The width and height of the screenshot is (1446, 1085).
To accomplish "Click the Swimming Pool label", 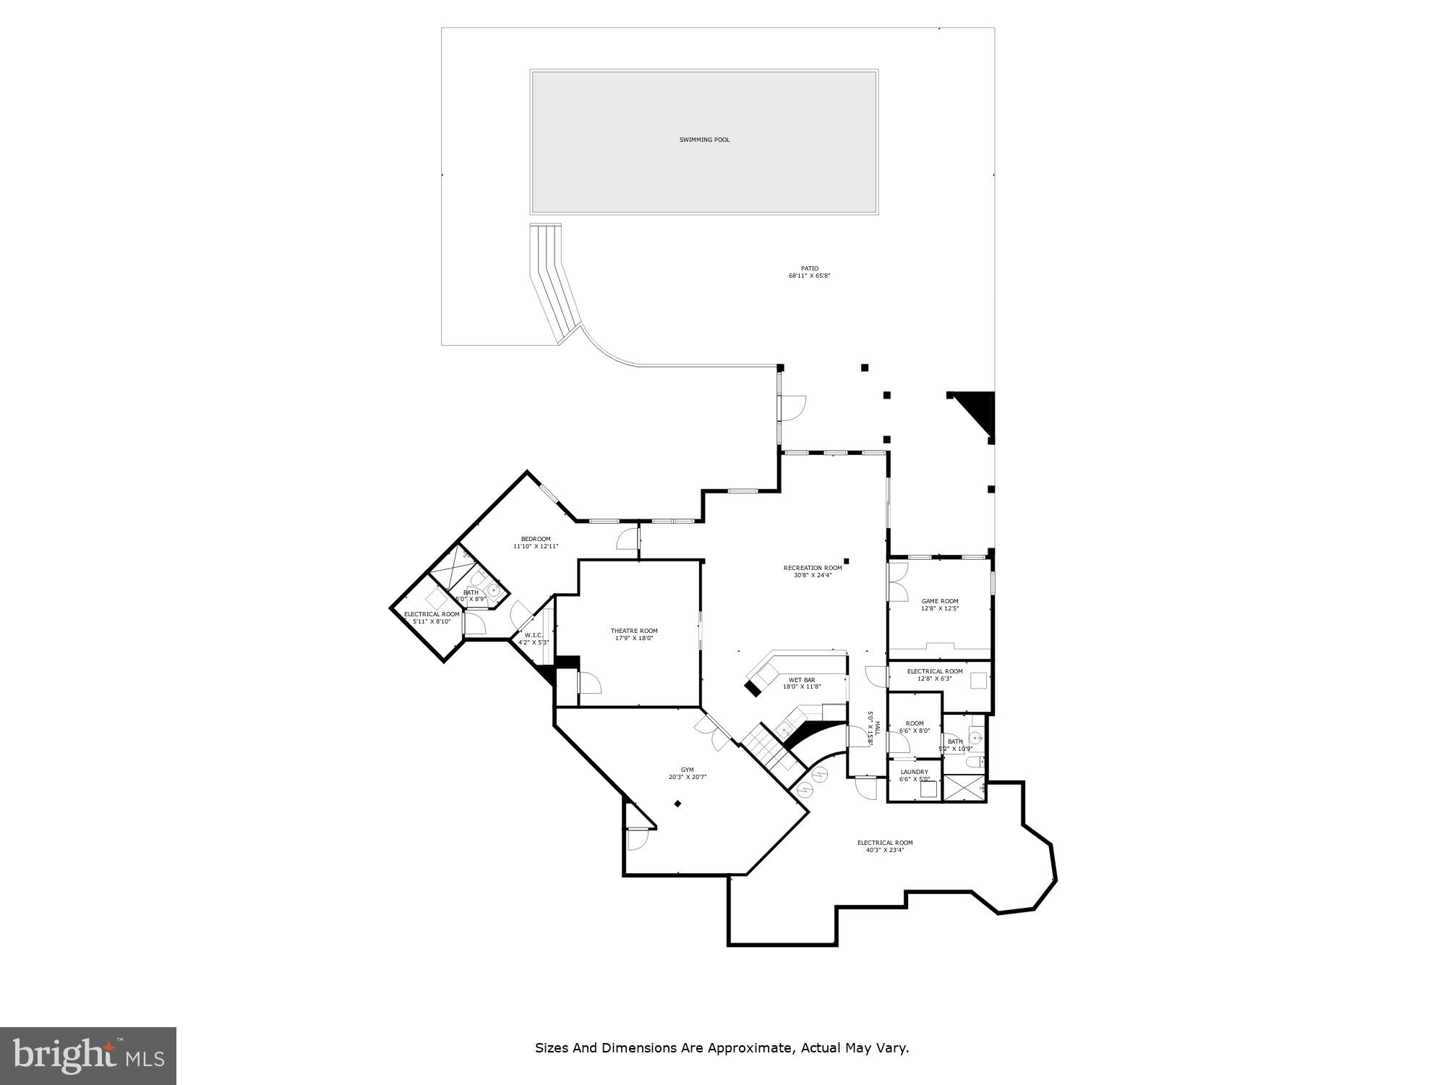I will coord(704,140).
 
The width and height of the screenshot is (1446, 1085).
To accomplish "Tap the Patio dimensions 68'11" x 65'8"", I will coord(809,276).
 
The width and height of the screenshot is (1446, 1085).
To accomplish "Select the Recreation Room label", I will coord(813,568).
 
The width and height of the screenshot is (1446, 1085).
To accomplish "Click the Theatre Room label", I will coord(634,631).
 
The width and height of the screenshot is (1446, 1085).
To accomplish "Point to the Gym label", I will coord(687,770).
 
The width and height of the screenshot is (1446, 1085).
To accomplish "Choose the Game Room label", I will coord(940,601).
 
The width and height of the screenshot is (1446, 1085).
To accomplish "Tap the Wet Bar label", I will coord(801,680).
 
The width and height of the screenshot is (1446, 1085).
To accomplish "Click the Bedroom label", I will coord(536,539).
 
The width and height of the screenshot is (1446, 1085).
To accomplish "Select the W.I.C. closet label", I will coord(534,635).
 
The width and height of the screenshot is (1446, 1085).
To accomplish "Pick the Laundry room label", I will coord(914,772).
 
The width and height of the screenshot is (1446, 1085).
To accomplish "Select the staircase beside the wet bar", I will coord(768,749).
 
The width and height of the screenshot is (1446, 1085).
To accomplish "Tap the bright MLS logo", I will coord(87,1055).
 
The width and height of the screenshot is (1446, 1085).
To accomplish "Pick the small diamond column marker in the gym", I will coord(677,803).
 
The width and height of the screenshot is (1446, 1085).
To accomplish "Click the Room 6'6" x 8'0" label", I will coord(915,723).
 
